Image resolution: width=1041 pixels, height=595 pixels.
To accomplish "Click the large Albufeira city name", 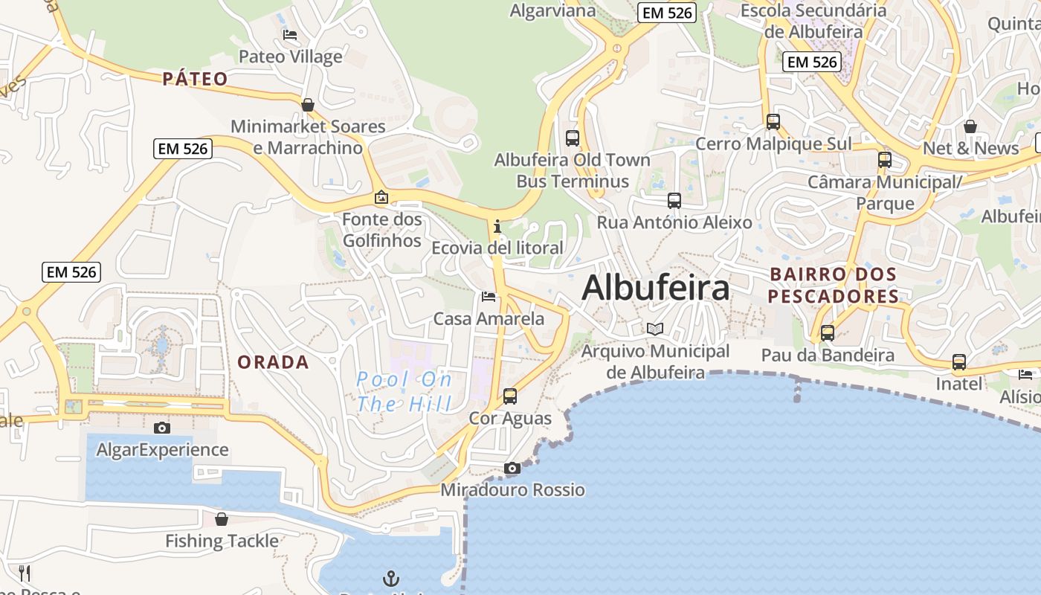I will point(655,288).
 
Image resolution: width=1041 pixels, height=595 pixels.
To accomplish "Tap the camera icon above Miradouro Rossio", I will point(512,468).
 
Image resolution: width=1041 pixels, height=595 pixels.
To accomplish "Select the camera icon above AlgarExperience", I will point(161,428).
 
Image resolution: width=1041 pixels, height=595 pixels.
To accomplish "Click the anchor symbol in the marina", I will point(391,578).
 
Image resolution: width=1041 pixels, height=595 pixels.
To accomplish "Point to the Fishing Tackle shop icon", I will point(221,518).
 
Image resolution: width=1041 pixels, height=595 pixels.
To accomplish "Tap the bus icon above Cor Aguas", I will point(509,396).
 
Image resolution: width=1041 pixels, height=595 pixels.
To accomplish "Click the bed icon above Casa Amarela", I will point(489,297).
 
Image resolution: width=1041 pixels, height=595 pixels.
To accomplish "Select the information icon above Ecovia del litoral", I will point(497,226).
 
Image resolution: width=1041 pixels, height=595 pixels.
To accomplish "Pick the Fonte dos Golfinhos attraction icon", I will point(381,197).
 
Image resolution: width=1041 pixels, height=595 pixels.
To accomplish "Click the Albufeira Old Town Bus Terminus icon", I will point(572,138).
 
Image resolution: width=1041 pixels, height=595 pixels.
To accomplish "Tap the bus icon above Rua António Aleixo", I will point(674,200).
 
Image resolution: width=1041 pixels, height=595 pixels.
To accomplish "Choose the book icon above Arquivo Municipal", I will point(654,329).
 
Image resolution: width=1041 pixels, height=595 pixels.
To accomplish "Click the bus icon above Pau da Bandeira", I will point(827,333).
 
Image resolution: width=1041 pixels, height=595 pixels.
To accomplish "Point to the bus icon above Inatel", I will point(958,362).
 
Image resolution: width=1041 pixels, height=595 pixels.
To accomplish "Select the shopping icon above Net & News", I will point(970,126).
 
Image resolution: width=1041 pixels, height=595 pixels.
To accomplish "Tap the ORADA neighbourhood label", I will point(273,362).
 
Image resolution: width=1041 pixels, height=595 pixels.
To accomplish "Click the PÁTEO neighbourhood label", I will point(196,79).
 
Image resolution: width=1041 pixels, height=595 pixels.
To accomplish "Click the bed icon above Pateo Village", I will point(290,34).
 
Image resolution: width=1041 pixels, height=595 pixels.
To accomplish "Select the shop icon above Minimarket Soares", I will point(308,105).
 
